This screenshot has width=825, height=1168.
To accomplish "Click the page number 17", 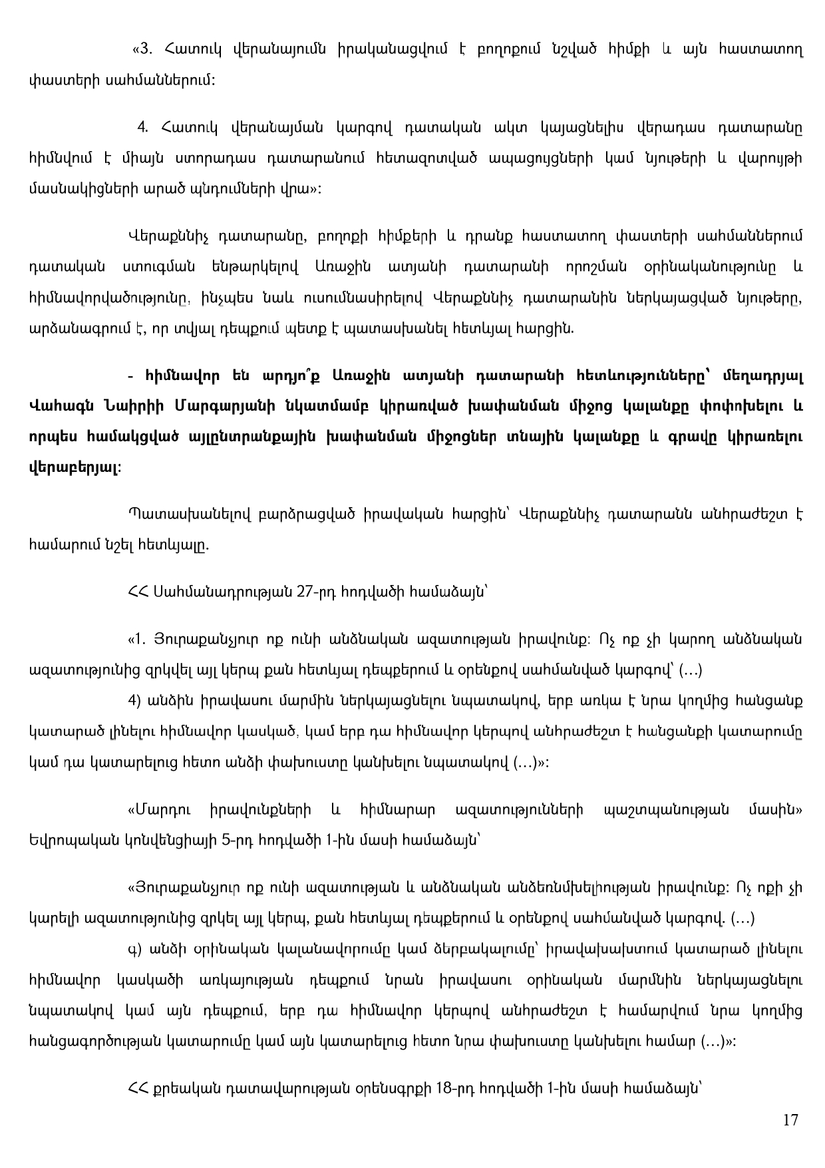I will point(790,1120).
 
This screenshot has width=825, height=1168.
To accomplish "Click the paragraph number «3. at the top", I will point(144,49).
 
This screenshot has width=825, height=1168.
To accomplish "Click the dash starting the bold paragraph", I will point(130,376).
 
